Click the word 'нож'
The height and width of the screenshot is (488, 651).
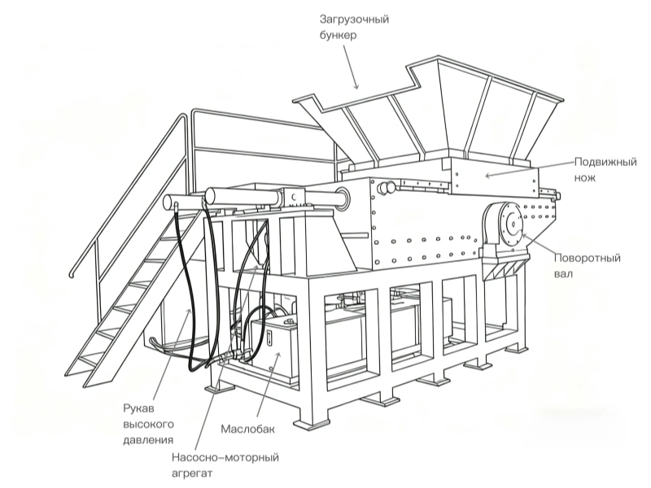(586, 176)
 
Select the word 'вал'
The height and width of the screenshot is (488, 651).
(565, 274)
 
